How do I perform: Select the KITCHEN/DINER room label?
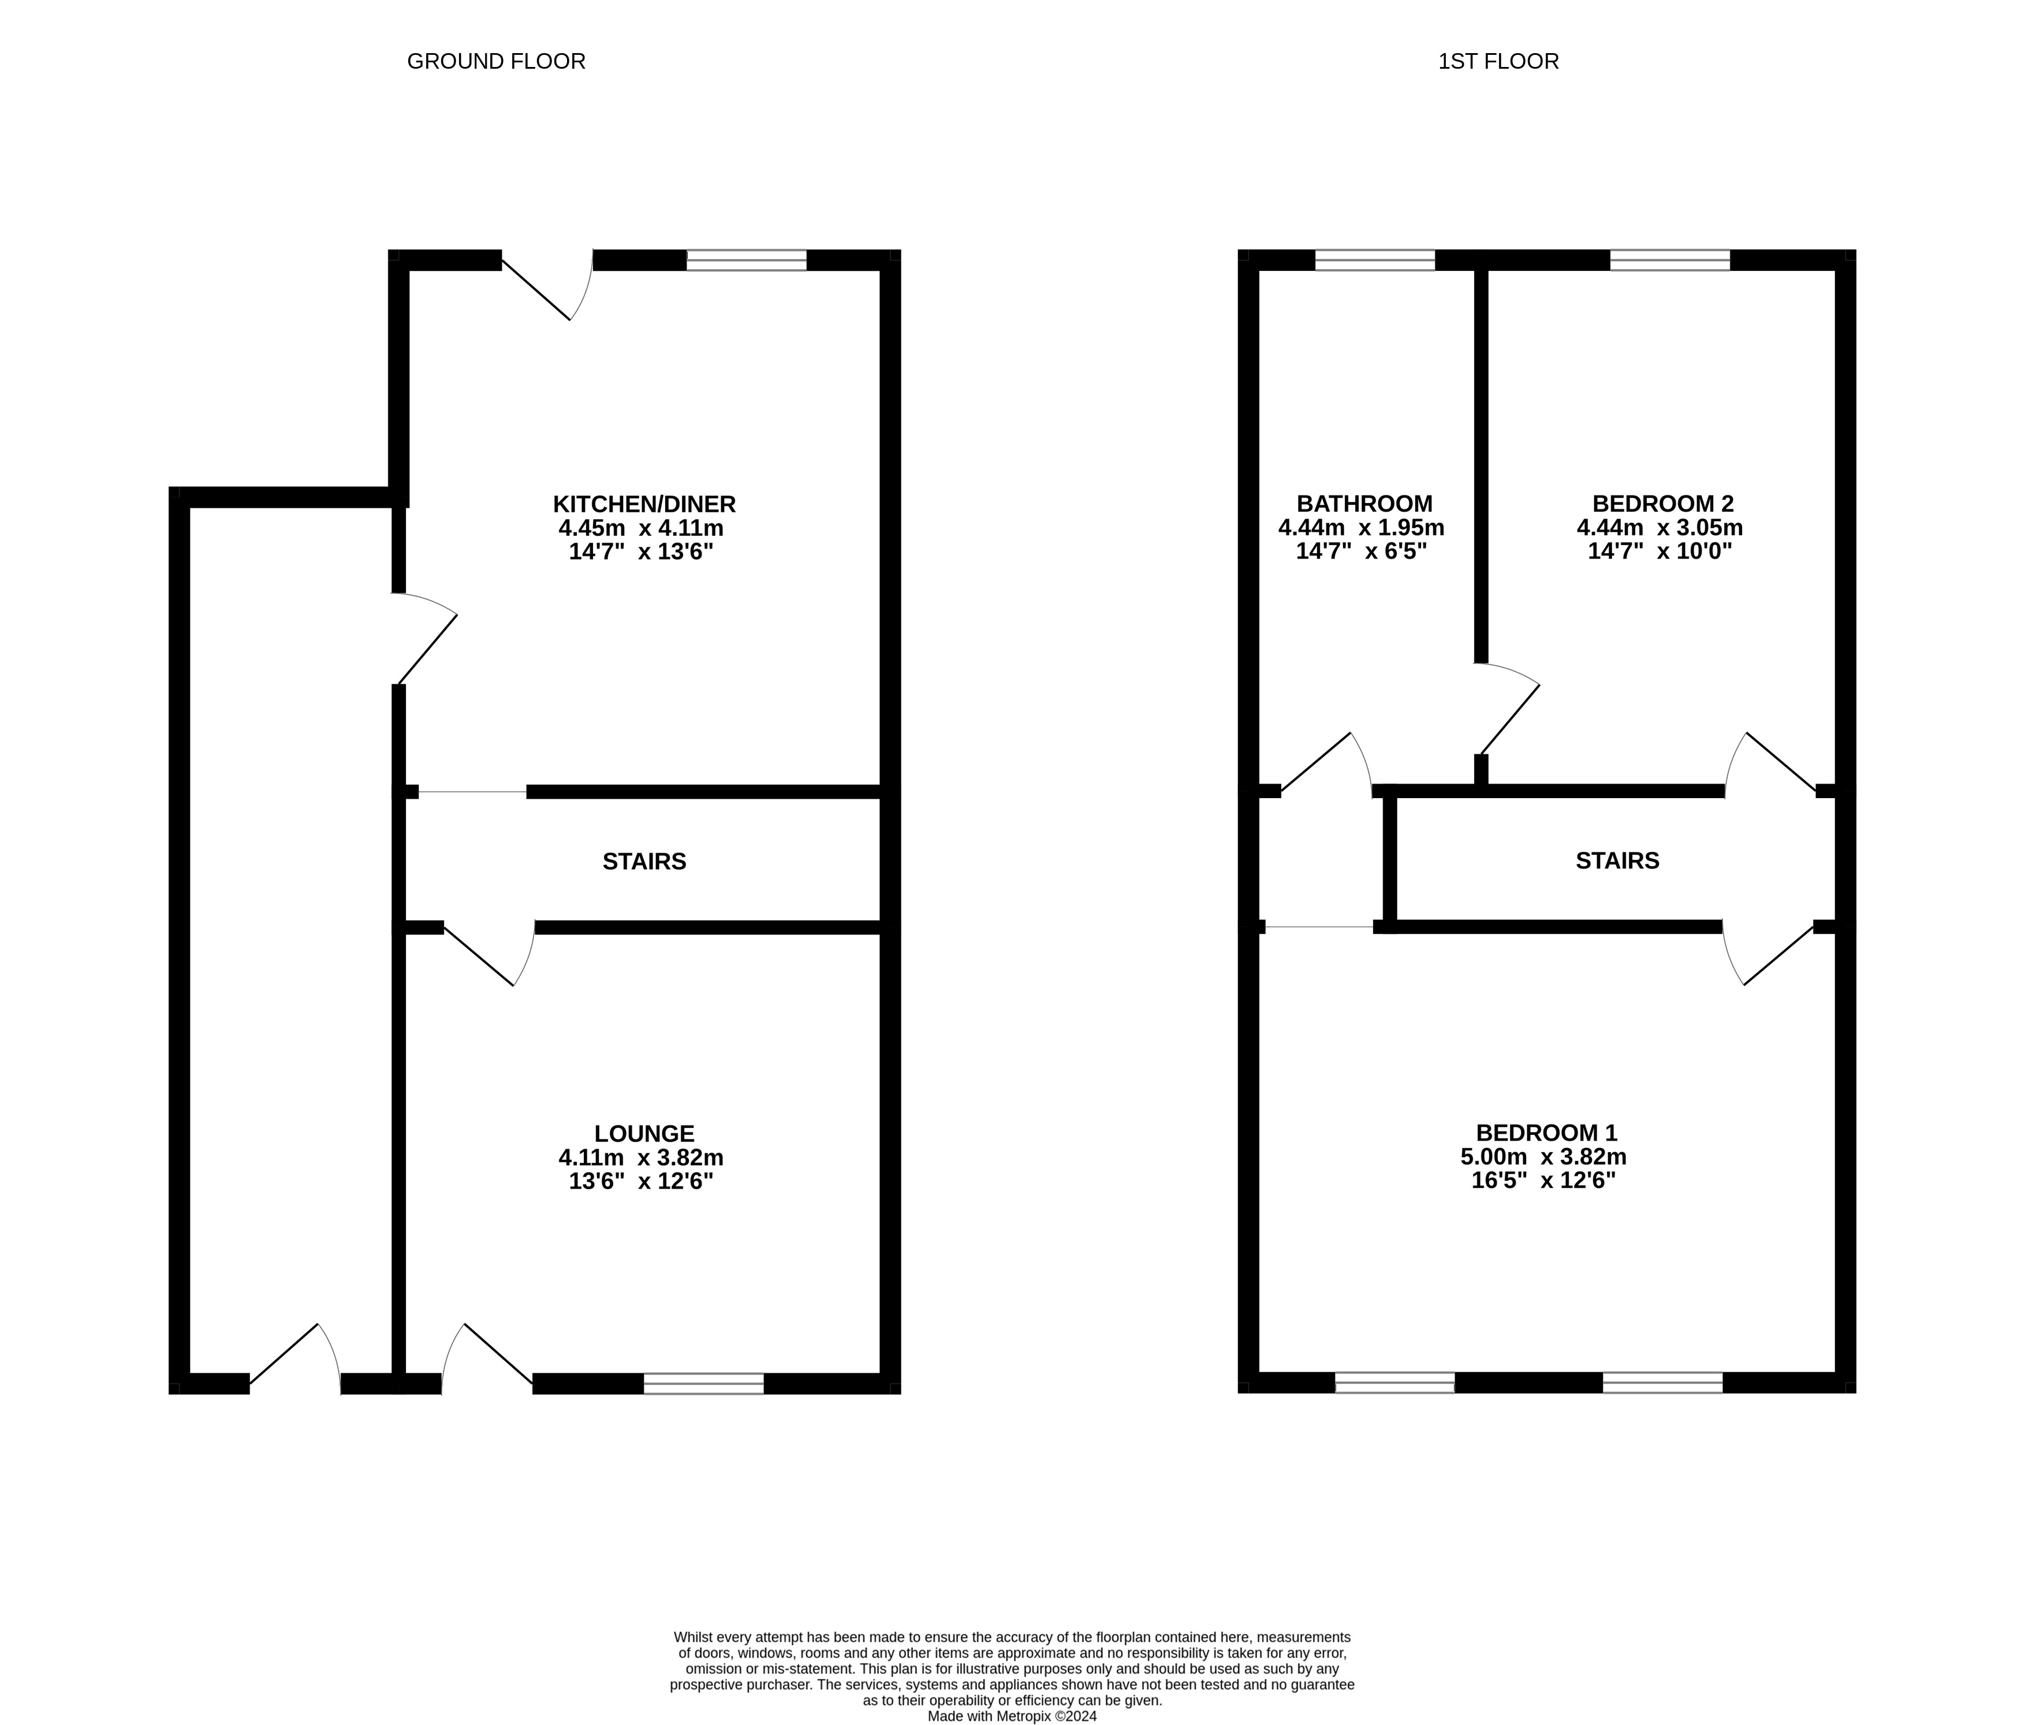pos(643,504)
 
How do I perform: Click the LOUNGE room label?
pos(643,1134)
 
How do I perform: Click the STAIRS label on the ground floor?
pos(643,861)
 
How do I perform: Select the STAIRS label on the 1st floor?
pos(1617,860)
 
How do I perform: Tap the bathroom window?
pos(1374,260)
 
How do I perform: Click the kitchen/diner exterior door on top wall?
pos(547,284)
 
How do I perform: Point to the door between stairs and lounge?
pos(488,953)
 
